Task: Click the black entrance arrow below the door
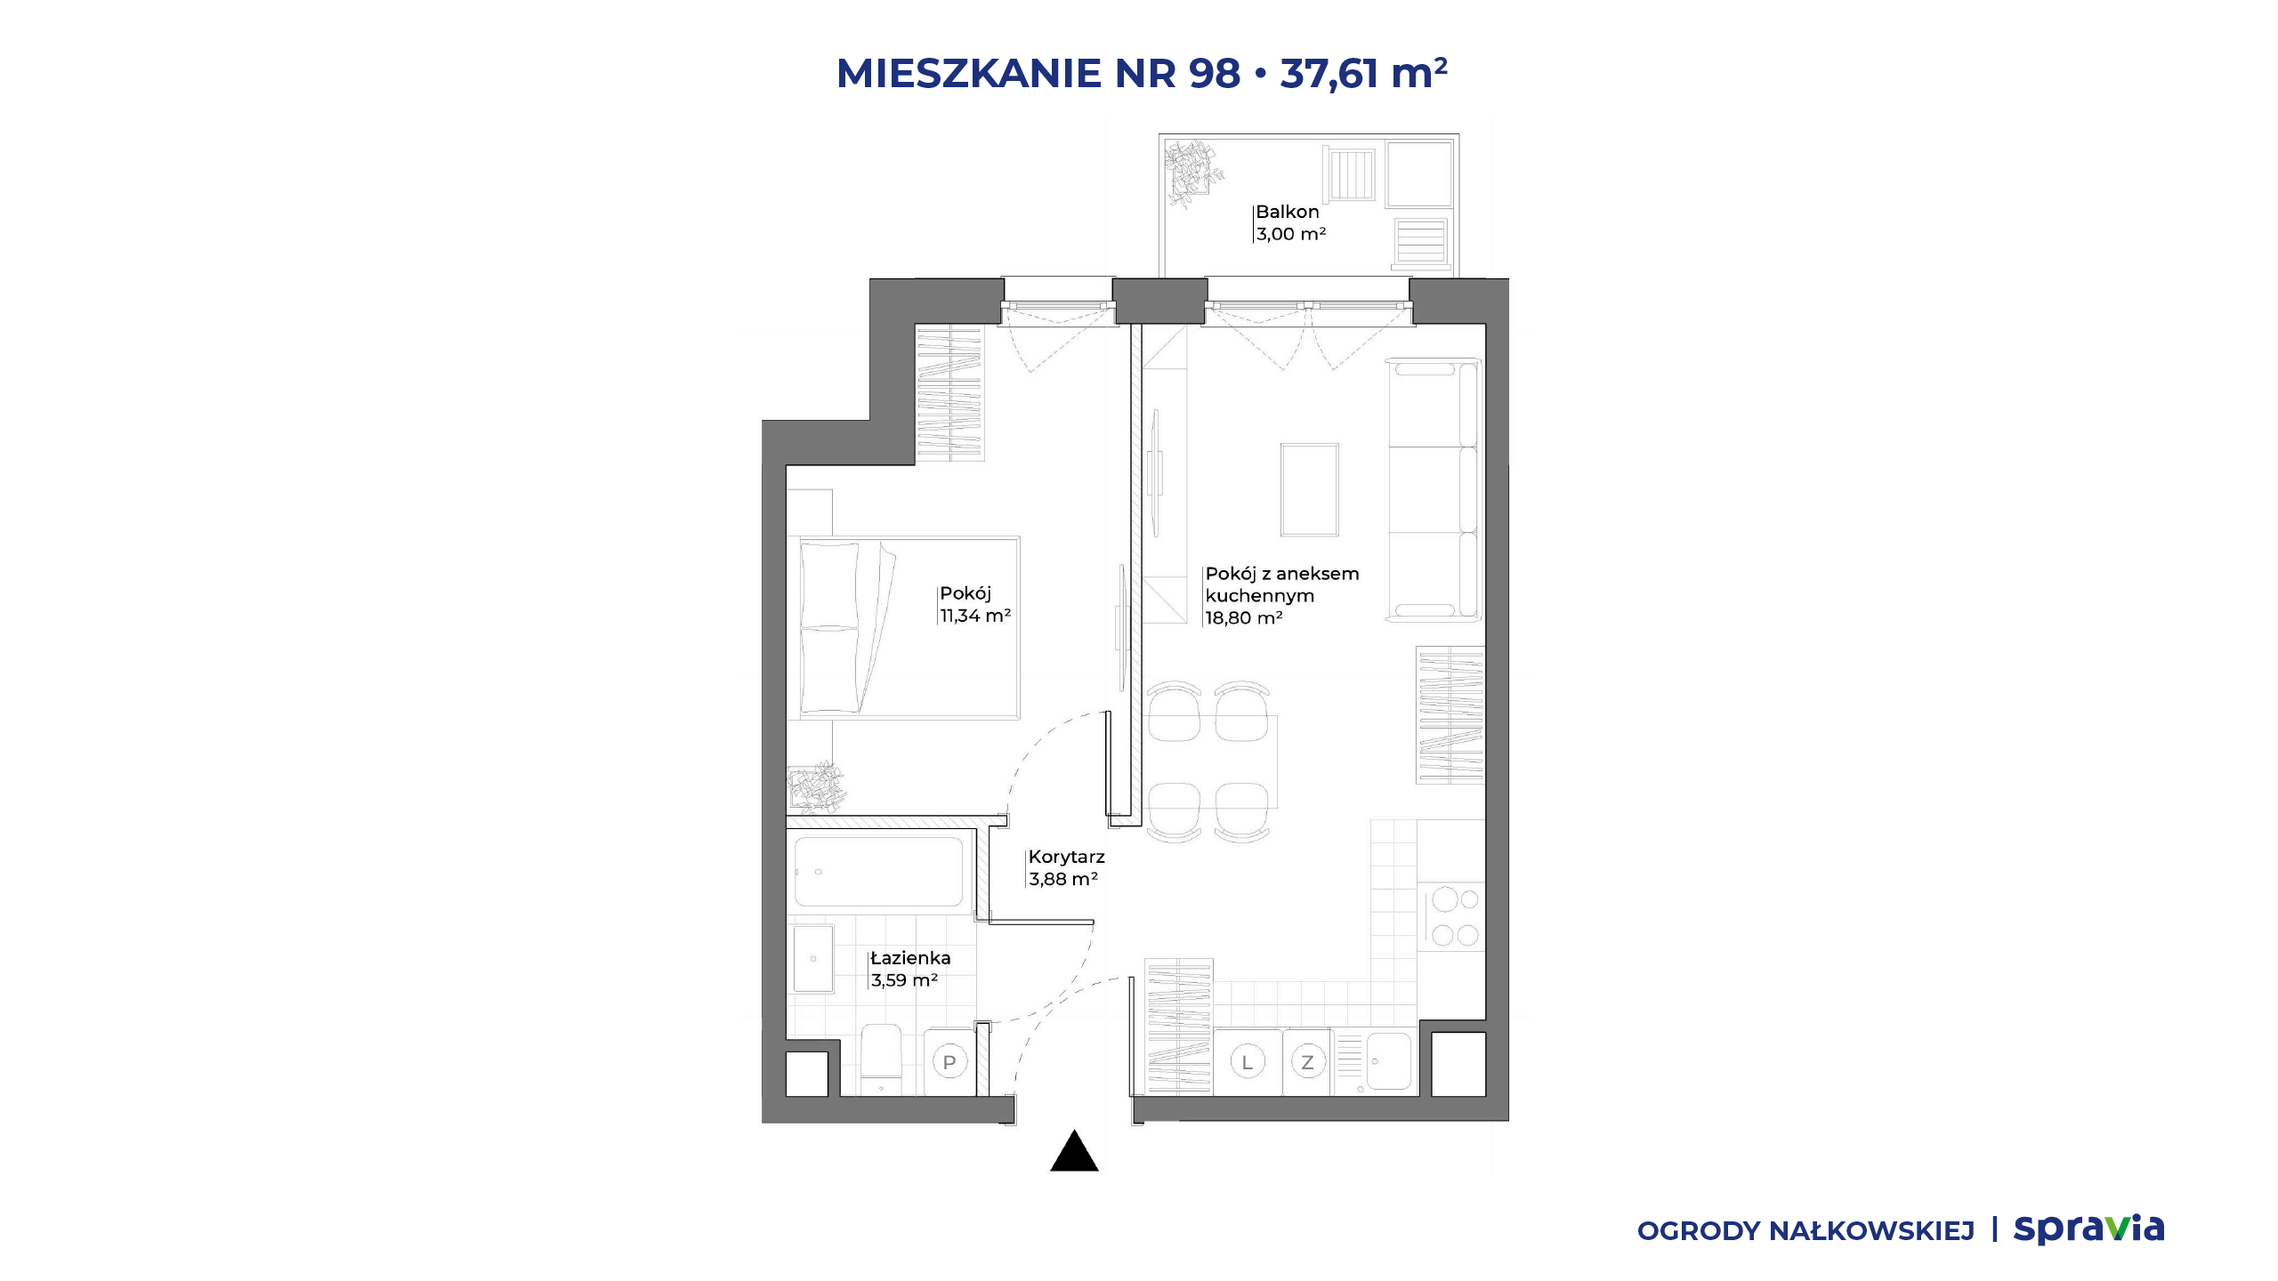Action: coord(1074,1151)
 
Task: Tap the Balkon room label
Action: coord(1287,212)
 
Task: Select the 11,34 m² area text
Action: coord(975,616)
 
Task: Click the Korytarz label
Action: coord(1066,857)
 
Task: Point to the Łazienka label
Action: coord(910,958)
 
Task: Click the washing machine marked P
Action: coord(949,1062)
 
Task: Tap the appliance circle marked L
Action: coord(1248,1062)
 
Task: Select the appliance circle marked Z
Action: coord(1307,1062)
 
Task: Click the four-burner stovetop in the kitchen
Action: coord(1451,917)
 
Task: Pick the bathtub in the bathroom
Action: coord(879,872)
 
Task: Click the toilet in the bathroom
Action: coord(882,1059)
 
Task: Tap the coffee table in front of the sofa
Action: coord(1310,490)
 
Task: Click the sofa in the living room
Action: coord(1433,489)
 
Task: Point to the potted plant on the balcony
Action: coord(1192,173)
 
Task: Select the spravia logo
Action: coord(2088,1229)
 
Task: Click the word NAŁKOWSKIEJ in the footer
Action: coord(1871,1231)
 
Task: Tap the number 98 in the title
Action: coord(1215,73)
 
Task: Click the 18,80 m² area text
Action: coord(1244,618)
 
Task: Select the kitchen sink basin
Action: coord(1388,1061)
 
